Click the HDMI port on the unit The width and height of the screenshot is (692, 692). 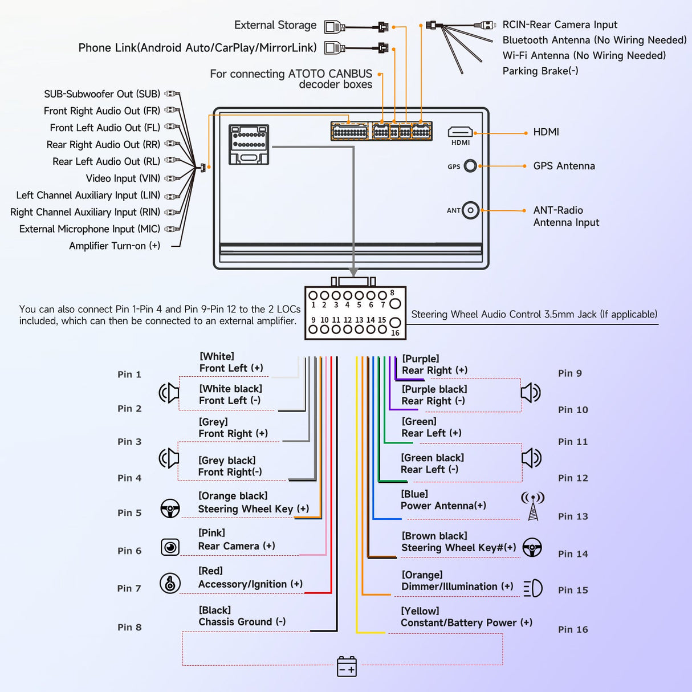click(x=460, y=133)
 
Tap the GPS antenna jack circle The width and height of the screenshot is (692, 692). click(x=470, y=166)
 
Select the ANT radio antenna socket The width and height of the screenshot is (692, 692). click(x=470, y=210)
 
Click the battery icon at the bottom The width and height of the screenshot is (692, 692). click(x=347, y=666)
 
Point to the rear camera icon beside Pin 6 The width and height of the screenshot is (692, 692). click(x=170, y=547)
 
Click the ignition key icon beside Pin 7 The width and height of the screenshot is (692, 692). click(x=170, y=583)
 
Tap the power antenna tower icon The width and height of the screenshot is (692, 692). click(x=533, y=506)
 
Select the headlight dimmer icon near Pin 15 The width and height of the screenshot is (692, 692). click(x=533, y=588)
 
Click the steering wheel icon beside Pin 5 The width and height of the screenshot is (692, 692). click(x=170, y=508)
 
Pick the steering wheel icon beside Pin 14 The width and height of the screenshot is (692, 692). click(x=532, y=547)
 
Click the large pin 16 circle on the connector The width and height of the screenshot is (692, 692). click(x=394, y=323)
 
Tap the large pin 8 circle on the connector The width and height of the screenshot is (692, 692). click(x=395, y=303)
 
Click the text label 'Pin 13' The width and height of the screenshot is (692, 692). click(x=573, y=516)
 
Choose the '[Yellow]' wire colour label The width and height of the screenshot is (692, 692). click(x=420, y=611)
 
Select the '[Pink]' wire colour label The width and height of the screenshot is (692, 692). click(x=211, y=533)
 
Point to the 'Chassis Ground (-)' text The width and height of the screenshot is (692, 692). click(x=242, y=622)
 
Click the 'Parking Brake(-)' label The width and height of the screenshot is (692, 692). click(x=540, y=71)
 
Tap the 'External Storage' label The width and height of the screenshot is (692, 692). click(x=275, y=25)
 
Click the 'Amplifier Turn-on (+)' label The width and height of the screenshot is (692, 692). click(x=115, y=246)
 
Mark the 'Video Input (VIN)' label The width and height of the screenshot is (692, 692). click(x=123, y=178)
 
